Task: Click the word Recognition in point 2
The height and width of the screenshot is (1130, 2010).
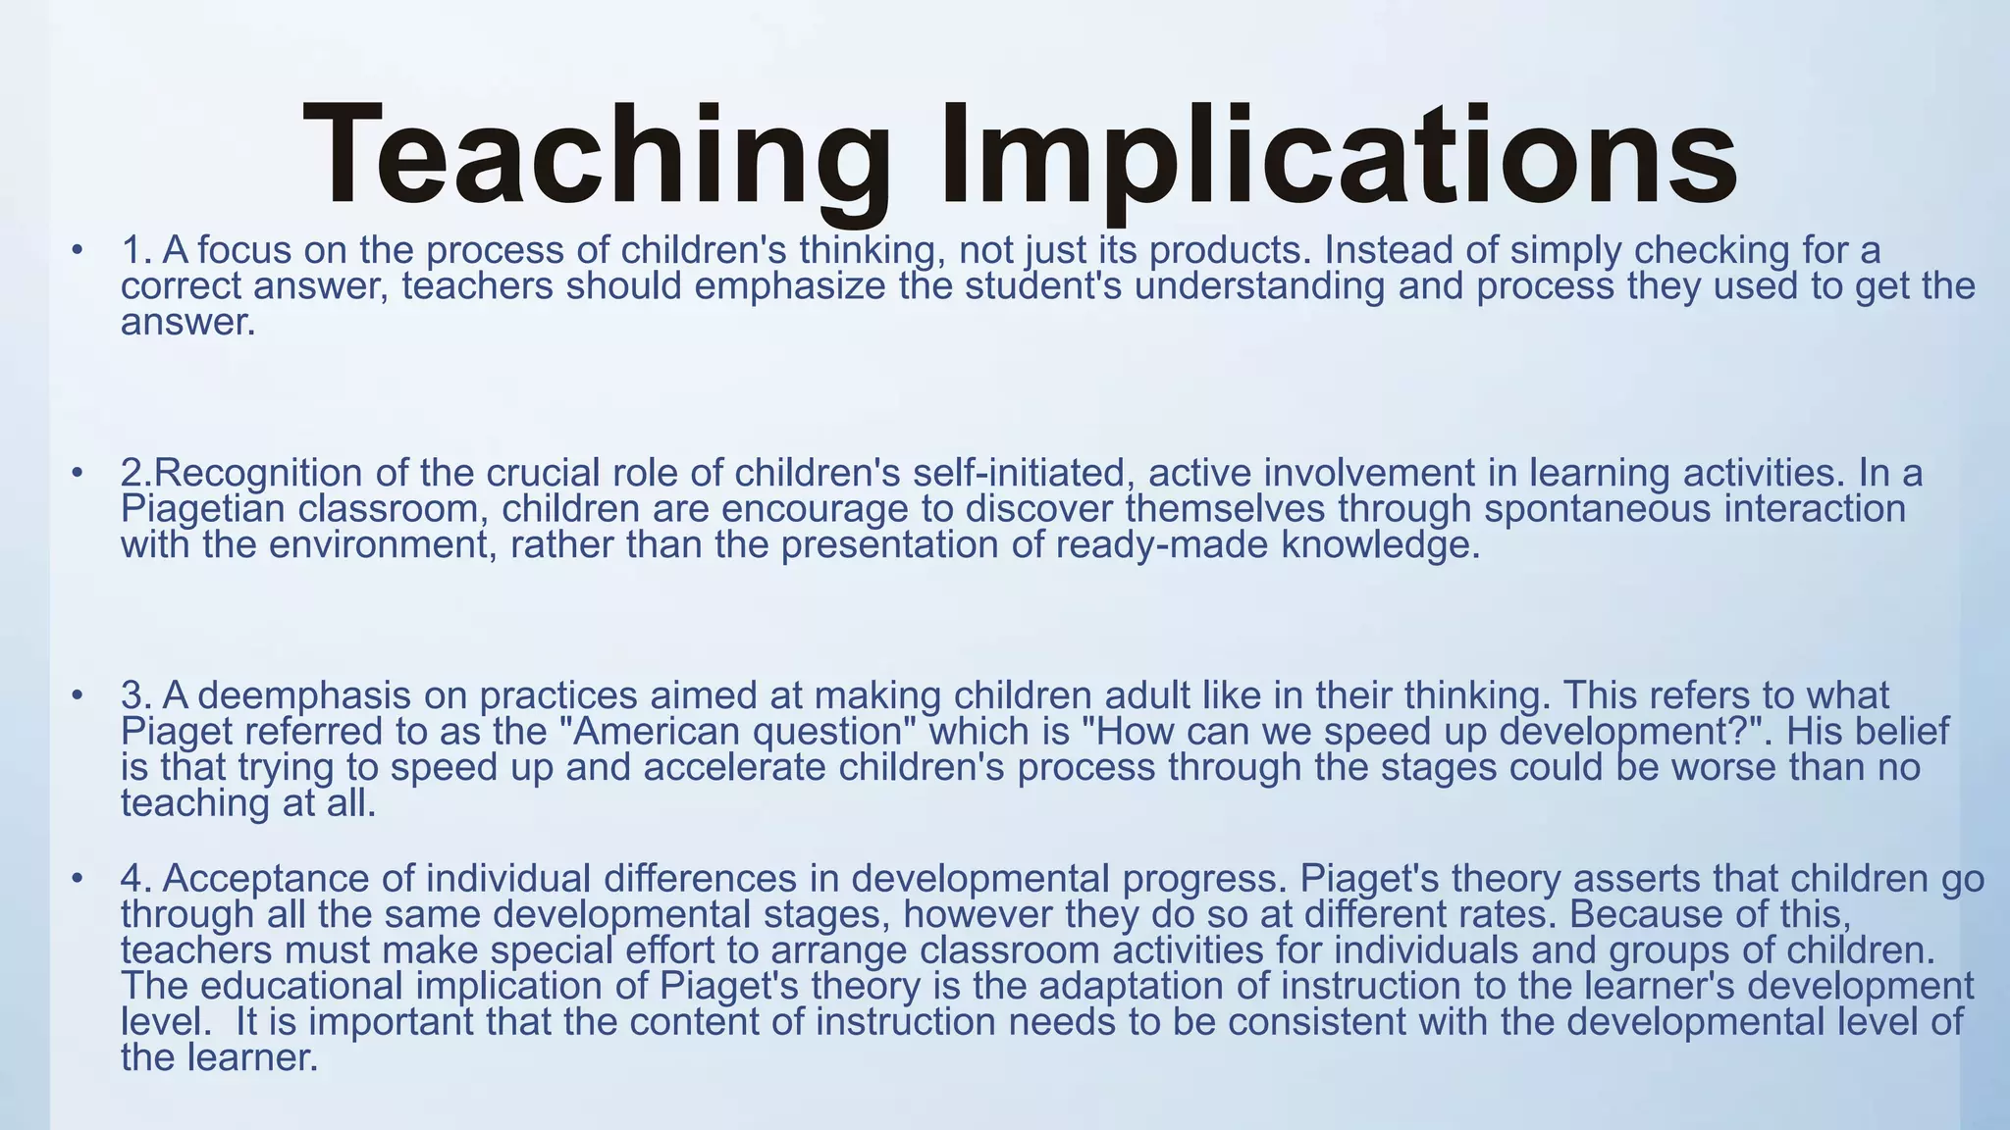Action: coord(258,473)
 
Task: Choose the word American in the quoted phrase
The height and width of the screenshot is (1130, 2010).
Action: coord(668,732)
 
